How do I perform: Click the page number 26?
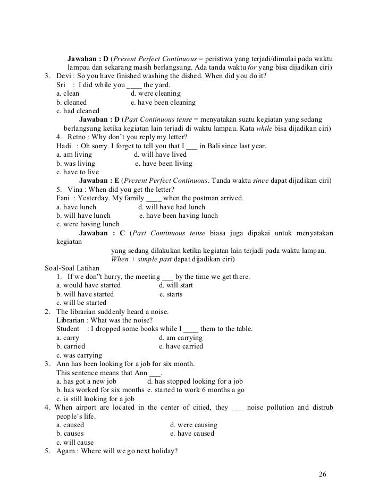[x=323, y=474]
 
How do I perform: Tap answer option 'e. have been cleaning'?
[x=163, y=102]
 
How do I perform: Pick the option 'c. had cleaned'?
[x=78, y=111]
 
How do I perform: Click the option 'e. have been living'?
[x=164, y=164]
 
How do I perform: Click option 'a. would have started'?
[x=88, y=285]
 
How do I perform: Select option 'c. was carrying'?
[x=79, y=355]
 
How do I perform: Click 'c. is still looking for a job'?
[x=95, y=398]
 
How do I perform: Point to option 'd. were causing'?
[x=193, y=425]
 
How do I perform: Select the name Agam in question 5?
[x=66, y=451]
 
